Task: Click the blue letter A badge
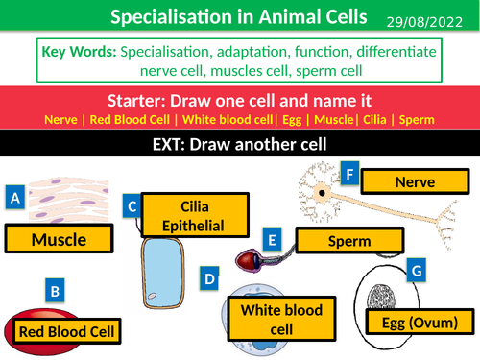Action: point(14,198)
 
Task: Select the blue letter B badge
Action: point(56,290)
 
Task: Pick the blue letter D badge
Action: point(209,279)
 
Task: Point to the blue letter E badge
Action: point(273,240)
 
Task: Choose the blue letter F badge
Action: point(351,175)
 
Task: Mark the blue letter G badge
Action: point(416,272)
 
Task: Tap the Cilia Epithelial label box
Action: point(195,216)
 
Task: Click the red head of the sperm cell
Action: point(248,257)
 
